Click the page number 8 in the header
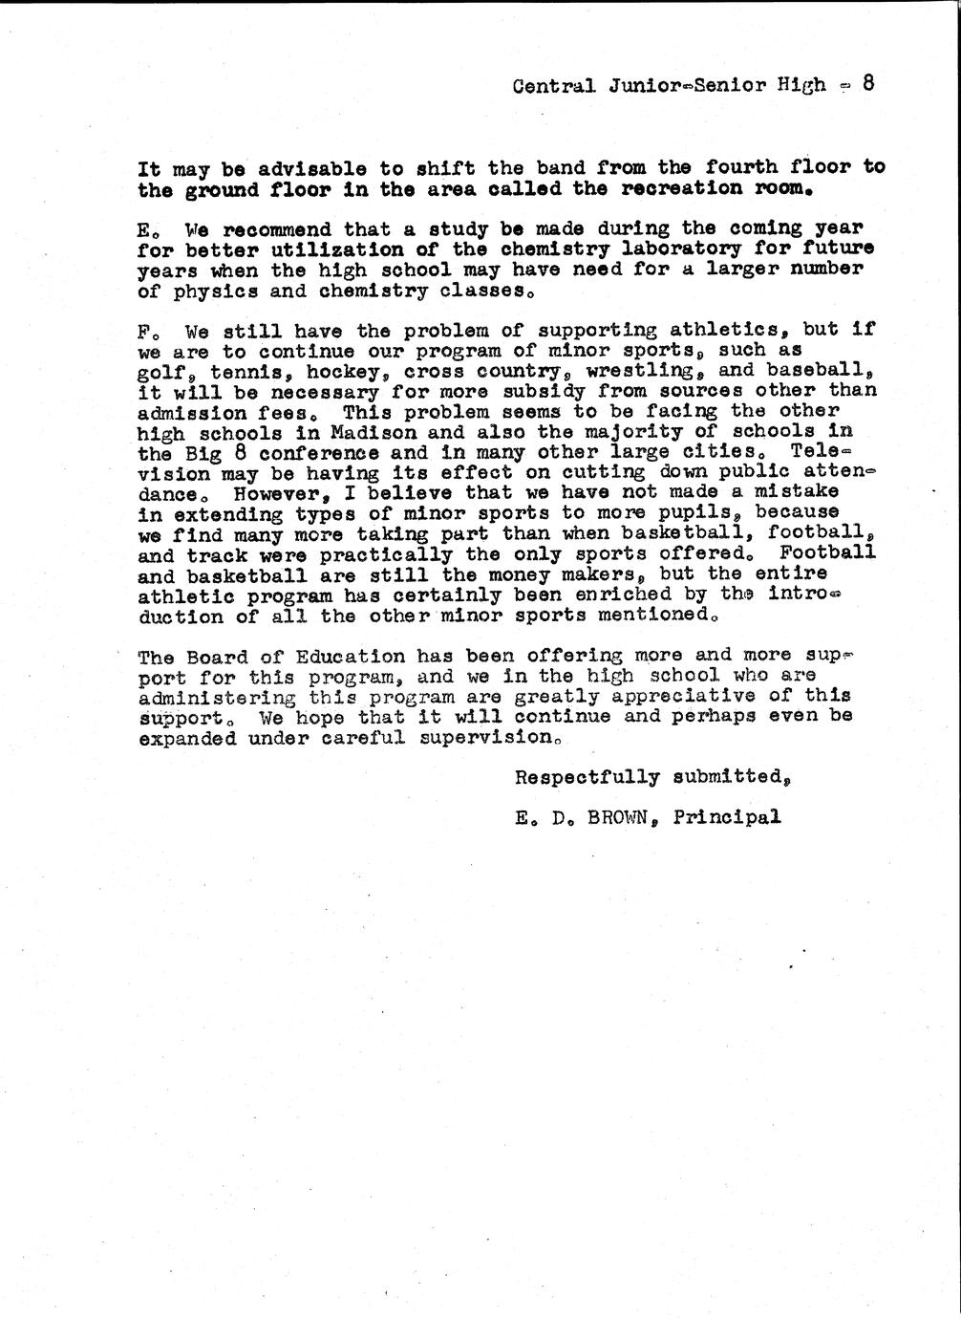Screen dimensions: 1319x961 click(x=868, y=82)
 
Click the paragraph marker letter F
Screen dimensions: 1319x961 click(x=144, y=333)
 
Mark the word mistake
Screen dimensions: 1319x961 click(x=796, y=491)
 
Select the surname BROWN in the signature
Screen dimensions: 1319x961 click(x=621, y=817)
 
